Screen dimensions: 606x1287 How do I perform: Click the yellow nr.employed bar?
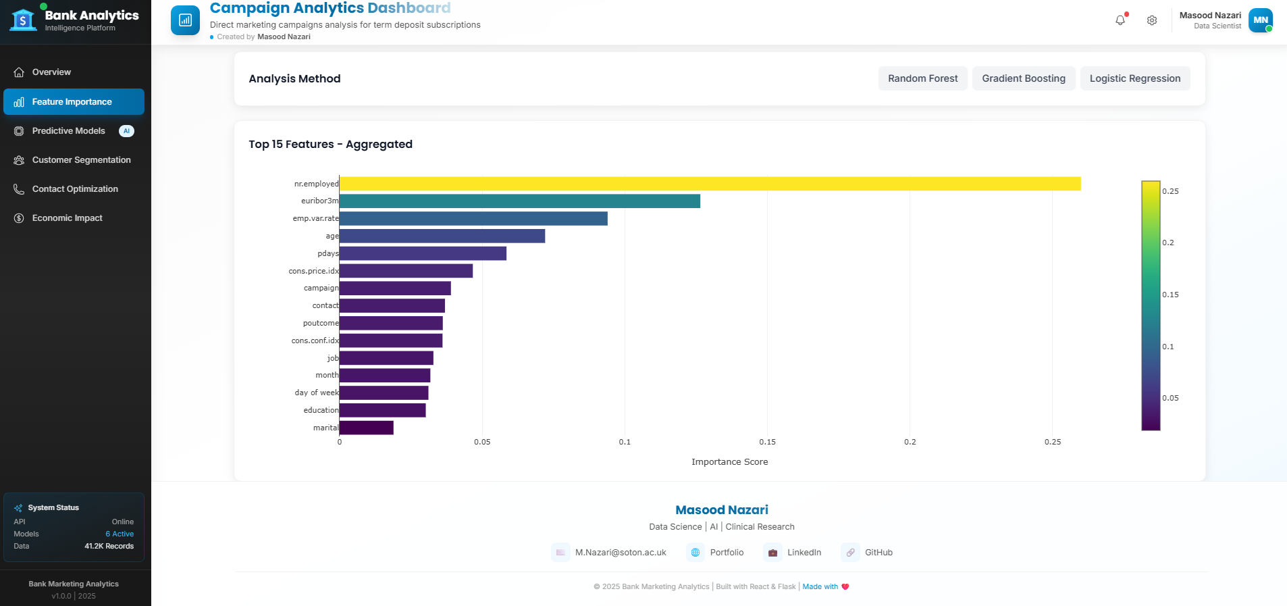[x=709, y=184]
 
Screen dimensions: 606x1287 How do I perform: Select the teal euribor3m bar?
[x=519, y=201]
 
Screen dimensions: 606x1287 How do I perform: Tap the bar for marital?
[x=366, y=428]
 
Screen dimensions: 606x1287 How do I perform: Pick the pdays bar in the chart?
[x=423, y=253]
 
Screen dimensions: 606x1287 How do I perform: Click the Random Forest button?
[x=922, y=78]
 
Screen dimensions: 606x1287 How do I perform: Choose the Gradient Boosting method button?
[x=1023, y=78]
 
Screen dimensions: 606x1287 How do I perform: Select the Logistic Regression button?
[x=1134, y=78]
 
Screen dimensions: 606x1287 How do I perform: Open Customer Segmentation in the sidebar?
[x=81, y=160]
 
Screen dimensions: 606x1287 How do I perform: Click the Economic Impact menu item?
[x=67, y=218]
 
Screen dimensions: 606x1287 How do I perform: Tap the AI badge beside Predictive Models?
[x=126, y=131]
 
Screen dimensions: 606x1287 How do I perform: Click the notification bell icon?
[x=1120, y=20]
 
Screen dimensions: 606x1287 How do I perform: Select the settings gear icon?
[x=1152, y=20]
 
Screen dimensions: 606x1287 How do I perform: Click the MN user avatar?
[x=1260, y=20]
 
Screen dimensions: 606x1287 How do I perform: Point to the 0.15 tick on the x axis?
[x=767, y=442]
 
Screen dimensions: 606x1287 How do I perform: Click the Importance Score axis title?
[x=729, y=462]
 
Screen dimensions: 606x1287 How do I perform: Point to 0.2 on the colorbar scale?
[x=1168, y=243]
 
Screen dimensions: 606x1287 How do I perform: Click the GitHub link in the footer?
[x=878, y=553]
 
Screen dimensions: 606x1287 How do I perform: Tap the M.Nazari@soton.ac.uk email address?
[x=620, y=553]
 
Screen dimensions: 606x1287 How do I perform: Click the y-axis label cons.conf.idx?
[x=315, y=340]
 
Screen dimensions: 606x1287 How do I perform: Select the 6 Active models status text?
[x=120, y=534]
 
